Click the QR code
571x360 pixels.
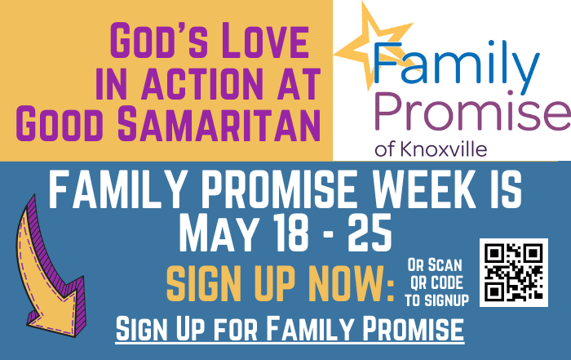click(513, 272)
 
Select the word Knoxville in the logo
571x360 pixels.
click(444, 149)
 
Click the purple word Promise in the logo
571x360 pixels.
click(472, 111)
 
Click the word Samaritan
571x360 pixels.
click(219, 124)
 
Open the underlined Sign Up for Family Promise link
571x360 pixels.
click(290, 329)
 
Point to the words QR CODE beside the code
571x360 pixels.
click(436, 282)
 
